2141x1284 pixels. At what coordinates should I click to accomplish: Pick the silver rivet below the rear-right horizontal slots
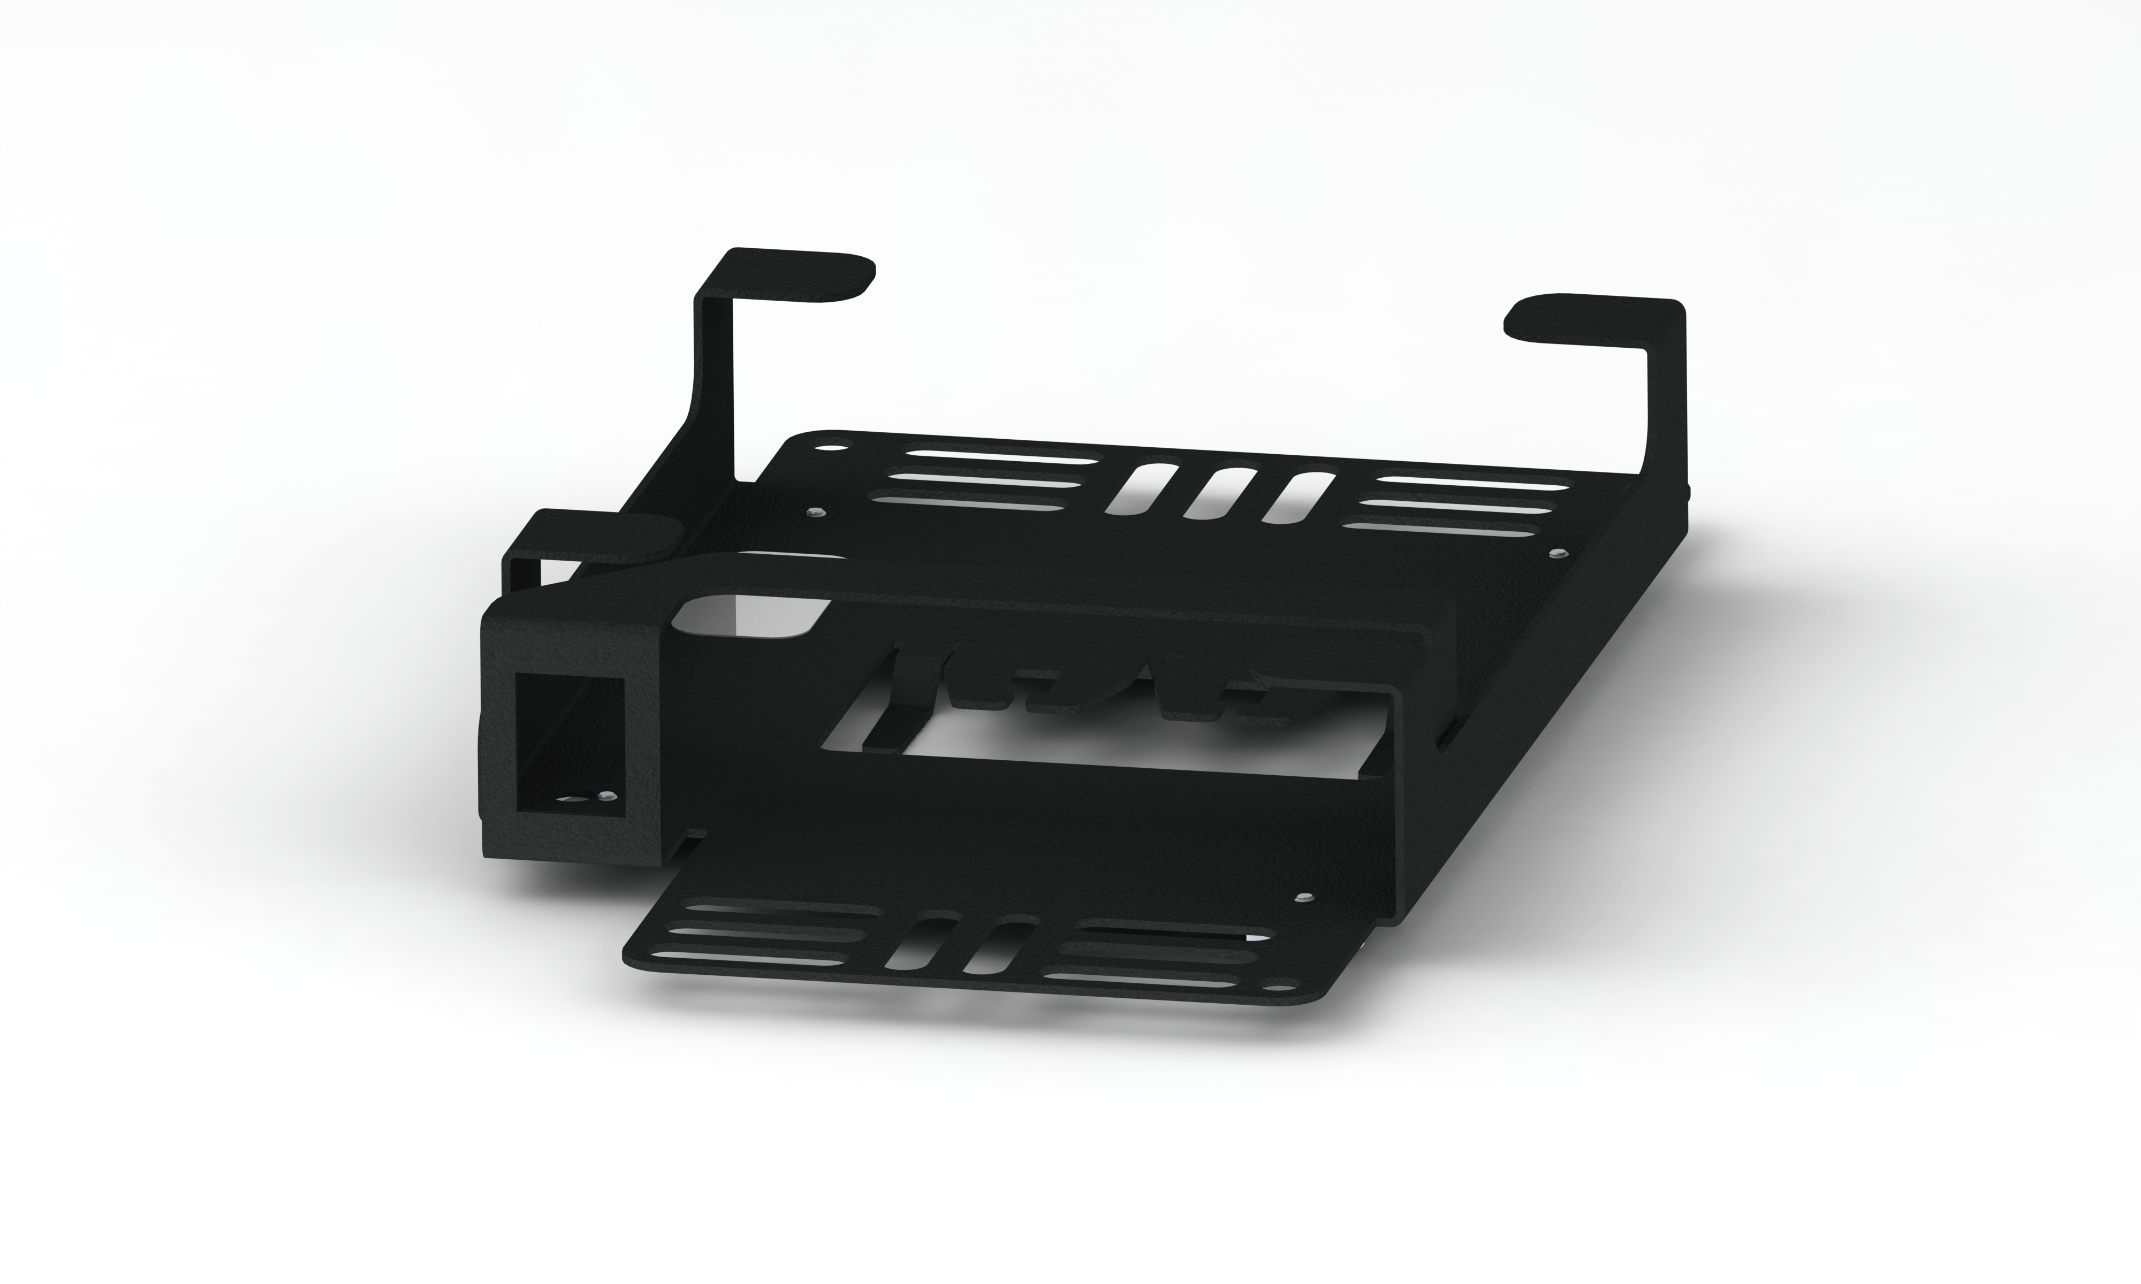point(1558,552)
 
